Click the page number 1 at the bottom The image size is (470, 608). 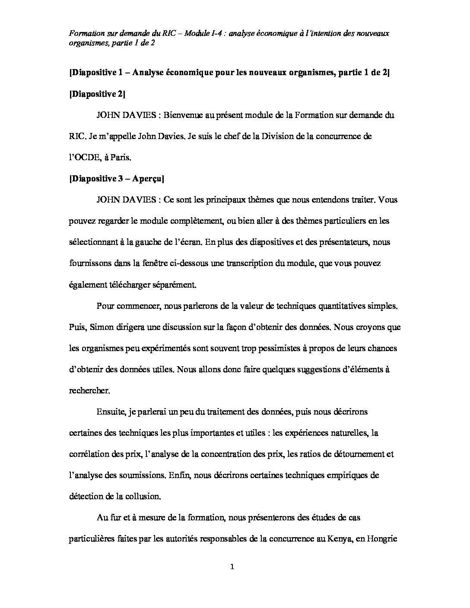(x=232, y=567)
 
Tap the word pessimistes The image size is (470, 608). (x=273, y=348)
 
